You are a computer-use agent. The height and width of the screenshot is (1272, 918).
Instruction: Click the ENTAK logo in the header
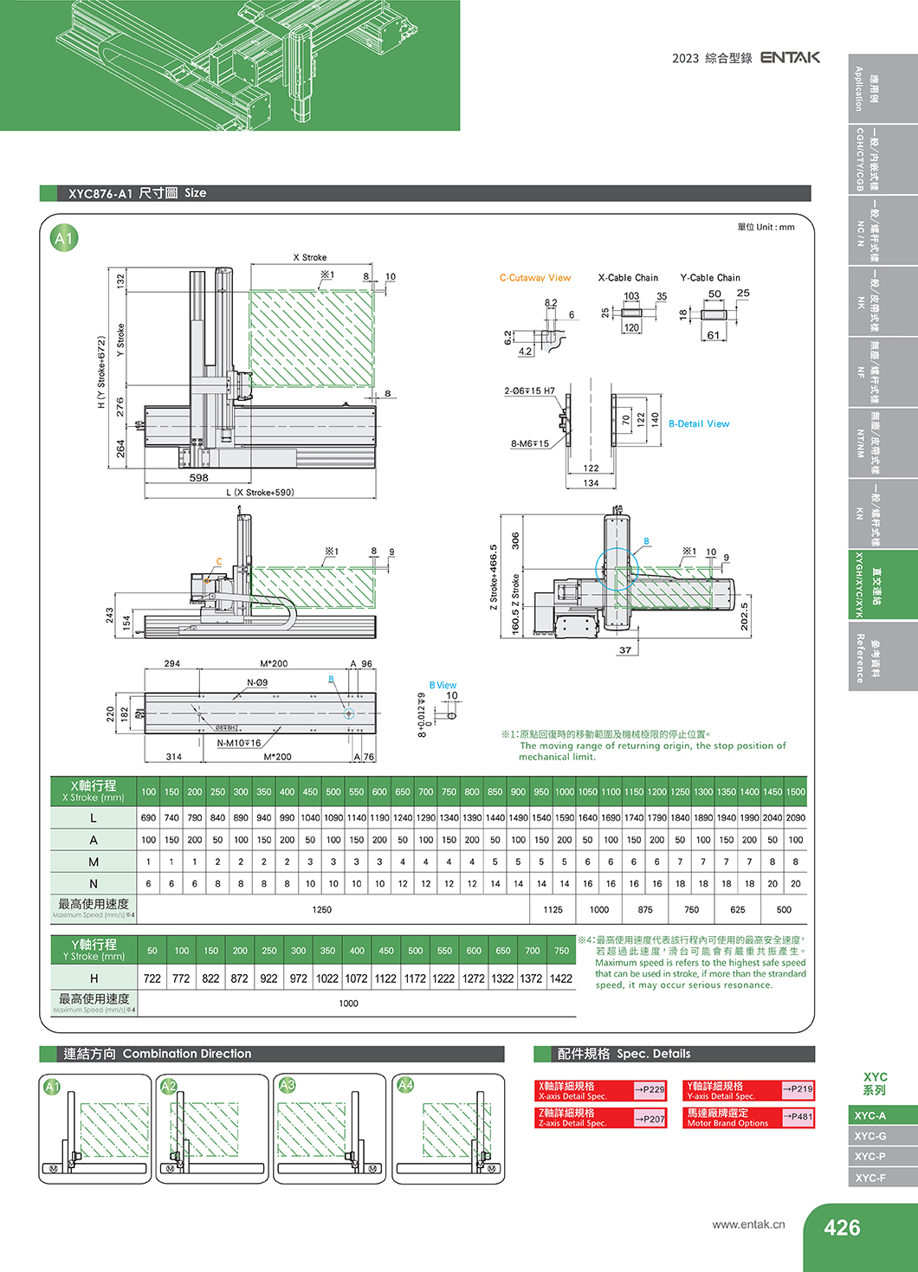790,57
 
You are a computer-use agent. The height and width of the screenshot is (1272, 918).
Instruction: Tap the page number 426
842,1228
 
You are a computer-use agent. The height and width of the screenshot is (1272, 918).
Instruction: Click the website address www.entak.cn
748,1224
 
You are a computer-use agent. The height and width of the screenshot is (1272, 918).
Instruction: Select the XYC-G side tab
870,1136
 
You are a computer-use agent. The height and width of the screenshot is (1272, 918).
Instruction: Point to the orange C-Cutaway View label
535,278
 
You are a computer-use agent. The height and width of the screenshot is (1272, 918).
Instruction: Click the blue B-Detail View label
699,424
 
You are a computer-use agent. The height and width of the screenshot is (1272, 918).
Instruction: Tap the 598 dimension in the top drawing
199,478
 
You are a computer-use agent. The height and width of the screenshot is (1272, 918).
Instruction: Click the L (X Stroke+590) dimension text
260,493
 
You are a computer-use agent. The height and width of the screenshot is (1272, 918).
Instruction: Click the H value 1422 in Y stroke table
561,978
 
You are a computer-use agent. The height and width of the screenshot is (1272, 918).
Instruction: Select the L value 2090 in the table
795,817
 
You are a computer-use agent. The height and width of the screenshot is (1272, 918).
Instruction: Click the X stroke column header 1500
795,792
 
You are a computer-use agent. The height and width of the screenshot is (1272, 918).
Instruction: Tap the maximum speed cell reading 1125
553,910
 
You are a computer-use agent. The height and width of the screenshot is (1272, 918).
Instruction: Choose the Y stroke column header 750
561,951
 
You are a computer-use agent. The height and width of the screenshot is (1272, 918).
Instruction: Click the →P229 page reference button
650,1089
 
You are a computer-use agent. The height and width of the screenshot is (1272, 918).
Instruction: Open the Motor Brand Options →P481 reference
798,1117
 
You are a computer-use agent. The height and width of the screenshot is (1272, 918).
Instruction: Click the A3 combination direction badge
288,1085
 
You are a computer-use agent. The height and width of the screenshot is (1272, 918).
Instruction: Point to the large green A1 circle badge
64,238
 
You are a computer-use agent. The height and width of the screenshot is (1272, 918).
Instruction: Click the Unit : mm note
766,228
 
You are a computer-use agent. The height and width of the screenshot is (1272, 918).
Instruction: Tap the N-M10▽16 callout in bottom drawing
238,743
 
